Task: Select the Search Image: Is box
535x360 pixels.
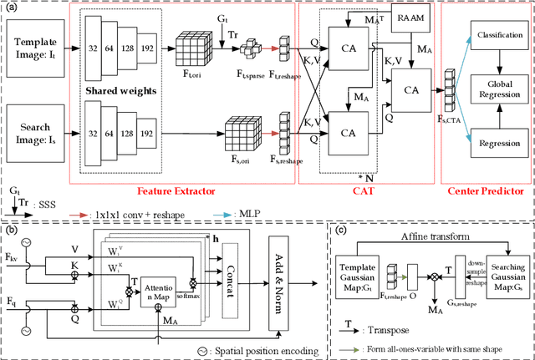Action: coord(38,130)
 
